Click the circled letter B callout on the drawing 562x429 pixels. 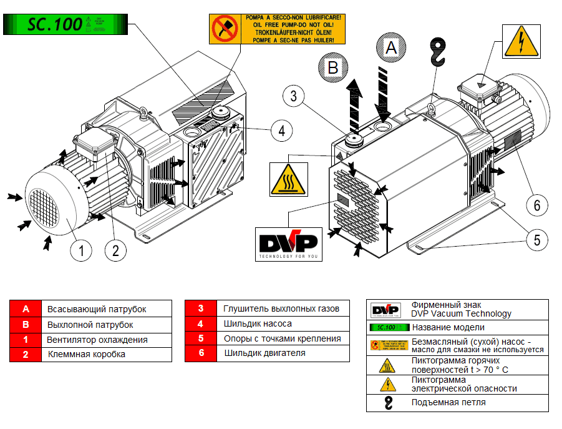pos(332,67)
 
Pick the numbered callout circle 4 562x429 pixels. pos(281,131)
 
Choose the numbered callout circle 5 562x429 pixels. pos(536,239)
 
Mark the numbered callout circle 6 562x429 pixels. pos(536,204)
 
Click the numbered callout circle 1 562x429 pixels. pos(82,250)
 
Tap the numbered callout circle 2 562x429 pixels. pos(115,250)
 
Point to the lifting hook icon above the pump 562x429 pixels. pos(439,51)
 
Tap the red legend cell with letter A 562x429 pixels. pos(26,309)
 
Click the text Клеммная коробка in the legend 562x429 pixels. pos(87,354)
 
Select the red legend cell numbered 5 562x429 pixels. pos(201,339)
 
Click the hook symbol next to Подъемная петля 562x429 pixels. pos(388,403)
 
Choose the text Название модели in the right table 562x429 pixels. pos(448,327)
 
